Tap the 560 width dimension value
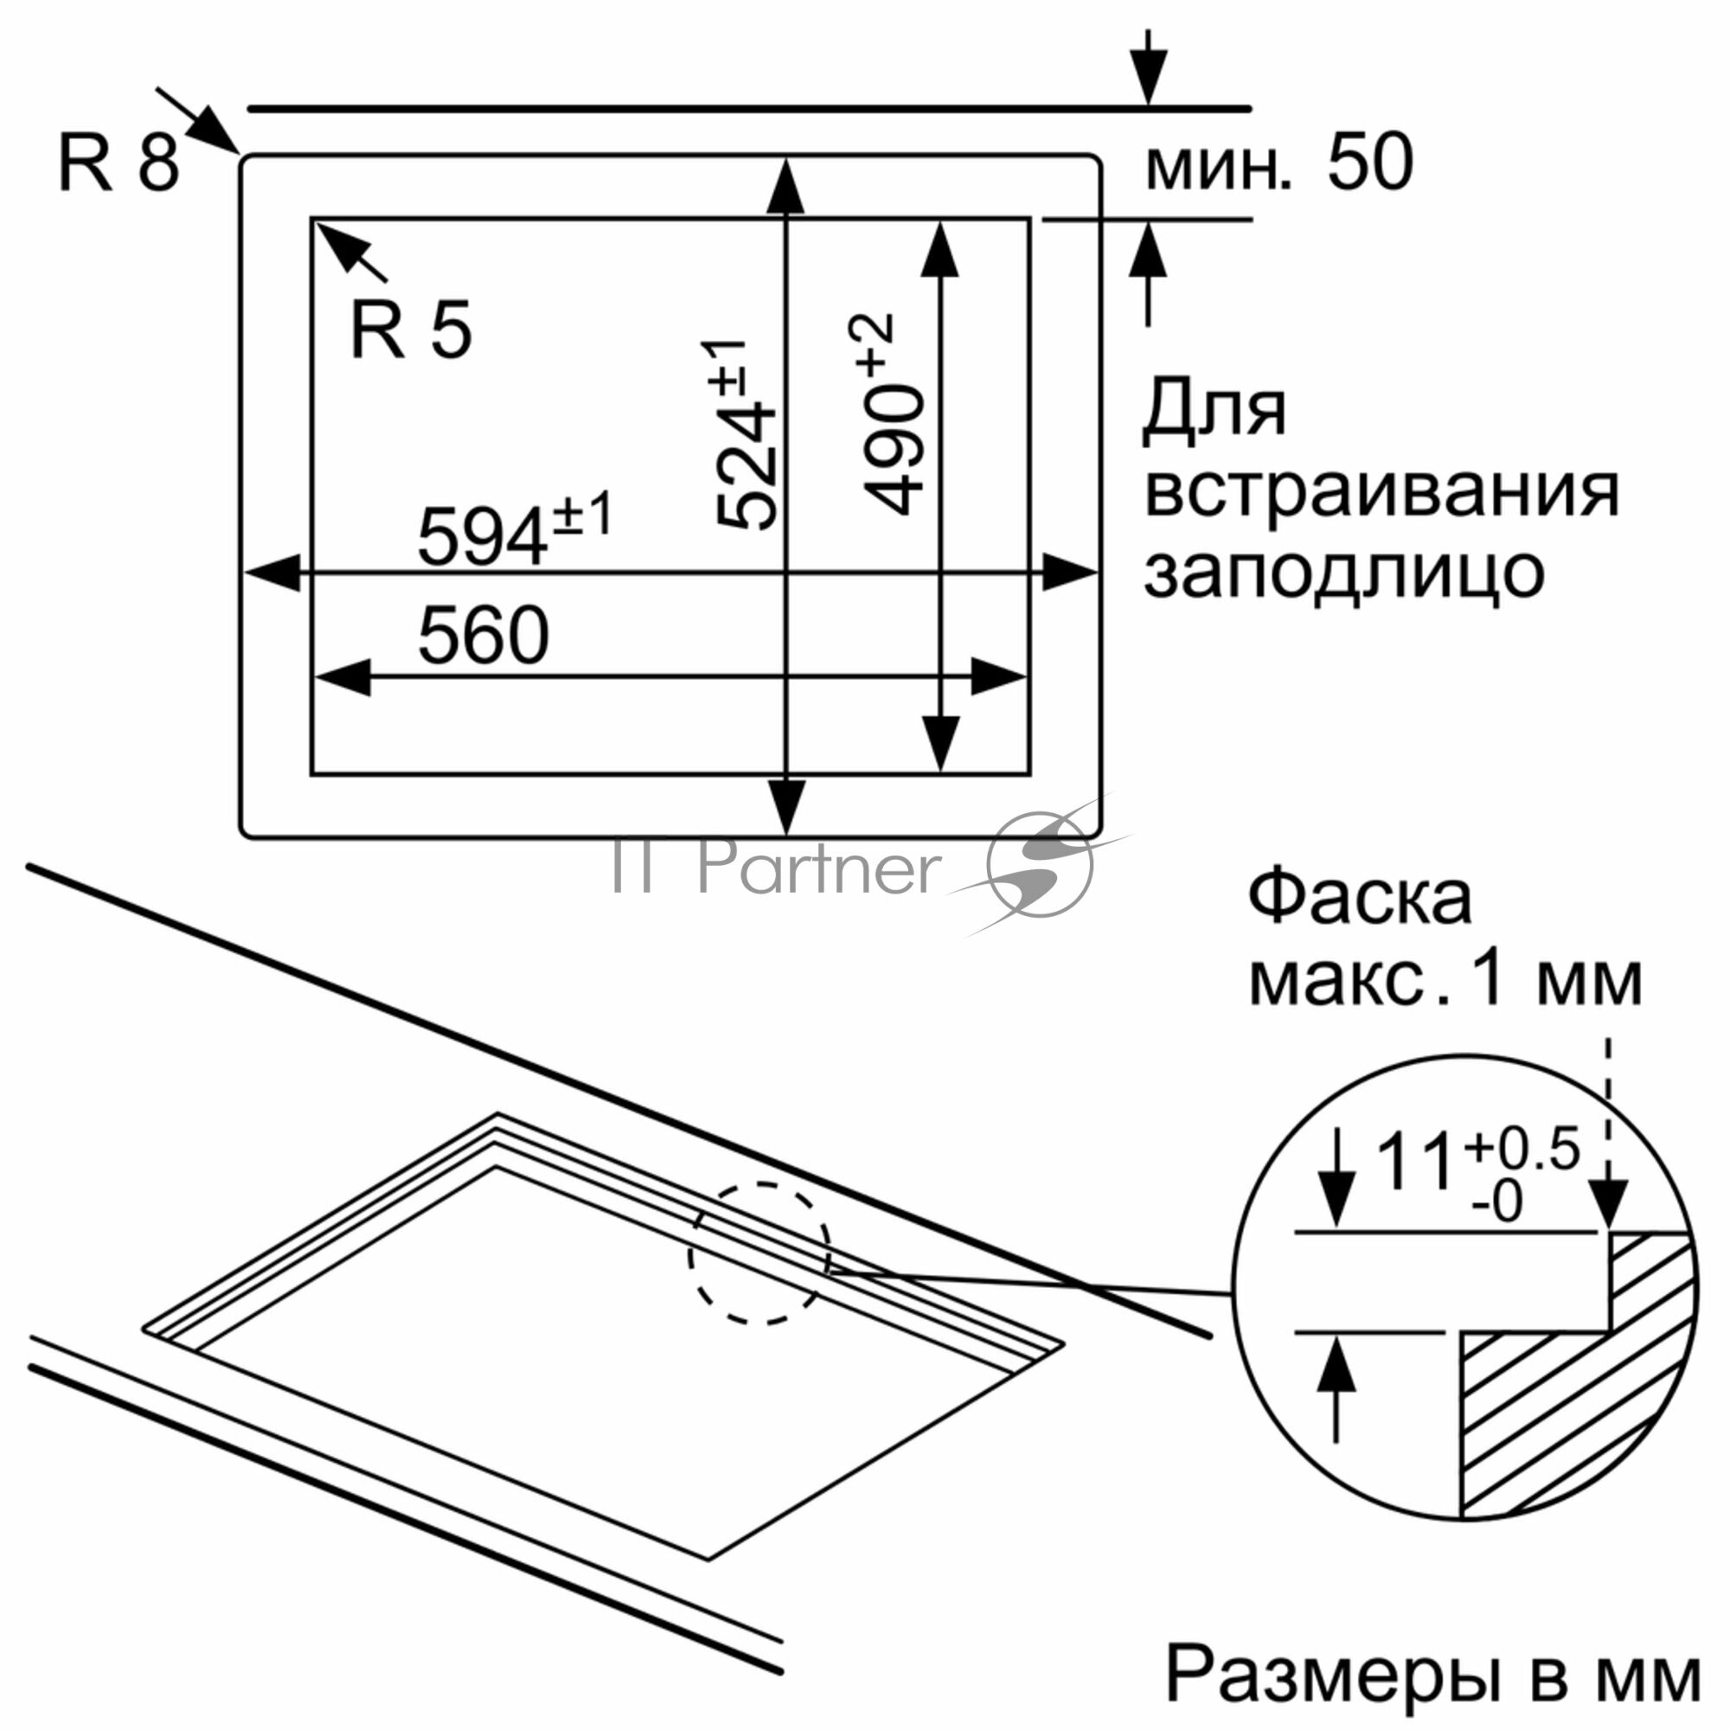coord(483,635)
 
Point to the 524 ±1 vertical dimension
coord(740,435)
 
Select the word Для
coord(1214,413)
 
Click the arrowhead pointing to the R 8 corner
coord(215,131)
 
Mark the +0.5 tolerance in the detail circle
coord(1522,1150)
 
